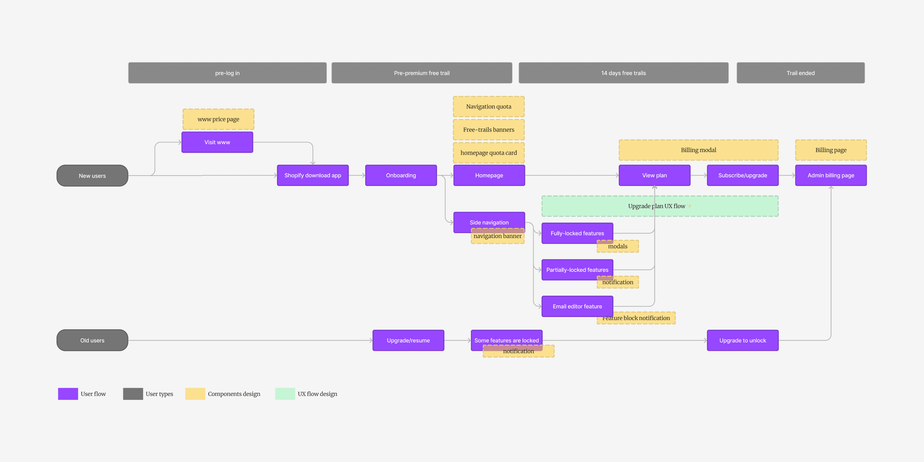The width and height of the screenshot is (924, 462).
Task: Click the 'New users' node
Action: point(92,175)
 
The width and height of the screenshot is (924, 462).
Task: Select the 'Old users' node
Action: point(92,340)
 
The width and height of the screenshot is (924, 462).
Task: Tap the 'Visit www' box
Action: point(217,142)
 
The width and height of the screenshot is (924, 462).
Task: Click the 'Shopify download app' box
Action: point(313,175)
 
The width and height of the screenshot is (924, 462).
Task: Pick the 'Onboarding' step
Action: point(401,175)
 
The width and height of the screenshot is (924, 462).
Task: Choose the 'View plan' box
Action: point(655,175)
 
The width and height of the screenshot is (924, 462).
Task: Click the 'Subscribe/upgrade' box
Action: point(743,175)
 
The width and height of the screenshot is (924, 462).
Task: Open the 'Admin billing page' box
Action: point(831,175)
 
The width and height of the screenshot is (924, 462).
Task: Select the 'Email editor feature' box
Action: point(578,306)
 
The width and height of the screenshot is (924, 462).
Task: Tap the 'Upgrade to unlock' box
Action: point(743,340)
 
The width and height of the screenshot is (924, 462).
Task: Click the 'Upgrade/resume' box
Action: point(408,340)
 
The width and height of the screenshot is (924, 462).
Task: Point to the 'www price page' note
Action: point(218,119)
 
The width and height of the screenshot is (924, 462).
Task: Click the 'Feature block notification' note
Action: point(636,318)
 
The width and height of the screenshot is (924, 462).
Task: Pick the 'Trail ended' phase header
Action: point(801,73)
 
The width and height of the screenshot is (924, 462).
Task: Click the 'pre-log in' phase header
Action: point(227,73)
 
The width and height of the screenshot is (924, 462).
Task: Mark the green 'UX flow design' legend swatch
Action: point(285,394)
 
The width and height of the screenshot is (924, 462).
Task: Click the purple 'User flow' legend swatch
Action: point(68,394)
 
